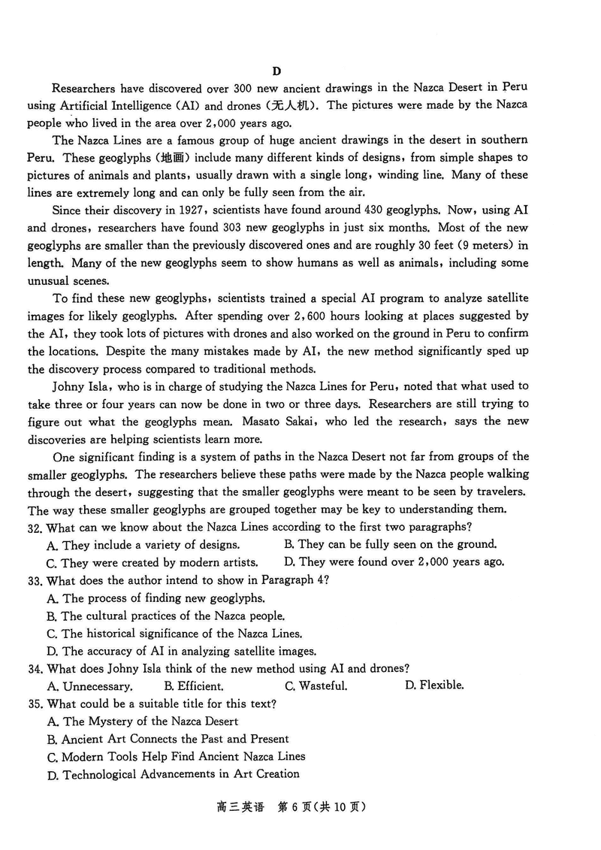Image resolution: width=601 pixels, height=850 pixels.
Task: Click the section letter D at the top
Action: [276, 71]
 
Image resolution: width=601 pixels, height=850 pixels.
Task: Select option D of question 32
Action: [394, 562]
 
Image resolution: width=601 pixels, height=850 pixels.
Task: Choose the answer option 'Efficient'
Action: [194, 686]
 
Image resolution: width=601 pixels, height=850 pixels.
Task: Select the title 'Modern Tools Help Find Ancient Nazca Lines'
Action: [176, 757]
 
